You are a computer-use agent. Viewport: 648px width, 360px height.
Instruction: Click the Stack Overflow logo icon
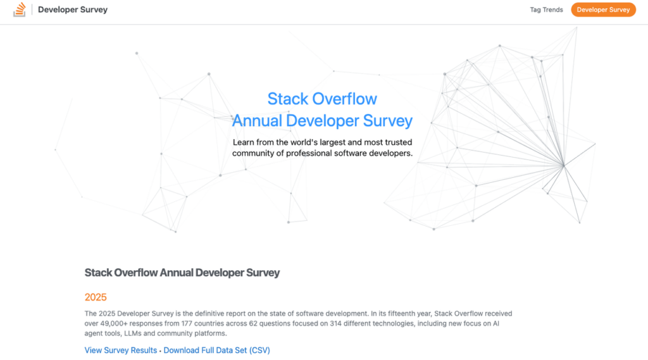[x=20, y=9]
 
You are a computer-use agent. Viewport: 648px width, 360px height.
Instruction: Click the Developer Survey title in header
[x=73, y=9]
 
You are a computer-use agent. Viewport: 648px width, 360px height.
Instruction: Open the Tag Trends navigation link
[x=546, y=9]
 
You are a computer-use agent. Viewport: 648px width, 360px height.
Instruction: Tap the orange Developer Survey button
[x=603, y=9]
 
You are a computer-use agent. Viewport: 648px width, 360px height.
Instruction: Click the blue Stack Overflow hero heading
[x=322, y=99]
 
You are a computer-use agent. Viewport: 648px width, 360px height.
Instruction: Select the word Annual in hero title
[x=258, y=120]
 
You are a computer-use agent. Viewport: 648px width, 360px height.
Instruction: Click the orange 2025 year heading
[x=96, y=297]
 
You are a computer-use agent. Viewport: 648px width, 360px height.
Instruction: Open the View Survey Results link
[x=121, y=350]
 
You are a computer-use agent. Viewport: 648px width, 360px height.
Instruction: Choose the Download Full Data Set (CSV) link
[x=216, y=350]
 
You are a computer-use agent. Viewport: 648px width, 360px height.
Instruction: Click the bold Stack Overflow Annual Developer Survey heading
[x=182, y=273]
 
